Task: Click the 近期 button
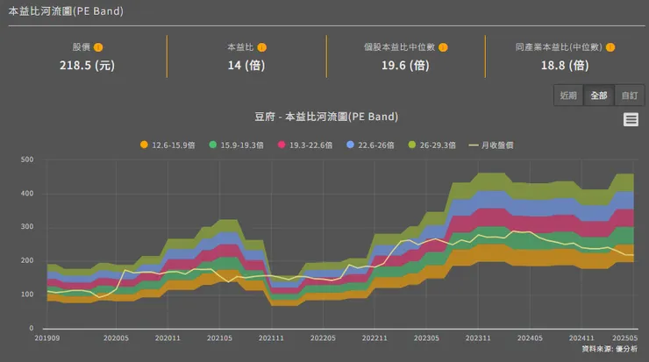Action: pyautogui.click(x=568, y=95)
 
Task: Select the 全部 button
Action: pyautogui.click(x=599, y=95)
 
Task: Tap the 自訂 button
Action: pyautogui.click(x=629, y=95)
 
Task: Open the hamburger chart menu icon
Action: pyautogui.click(x=631, y=120)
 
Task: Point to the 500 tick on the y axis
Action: pyautogui.click(x=27, y=160)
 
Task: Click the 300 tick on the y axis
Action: pyautogui.click(x=27, y=227)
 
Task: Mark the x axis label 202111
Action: pyautogui.click(x=271, y=337)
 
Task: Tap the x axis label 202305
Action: pyautogui.click(x=426, y=337)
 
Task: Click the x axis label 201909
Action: pyautogui.click(x=47, y=337)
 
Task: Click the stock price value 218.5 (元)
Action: pyautogui.click(x=87, y=65)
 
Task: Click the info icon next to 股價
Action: pyautogui.click(x=98, y=47)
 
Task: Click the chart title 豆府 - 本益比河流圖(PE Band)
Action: pyautogui.click(x=324, y=117)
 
